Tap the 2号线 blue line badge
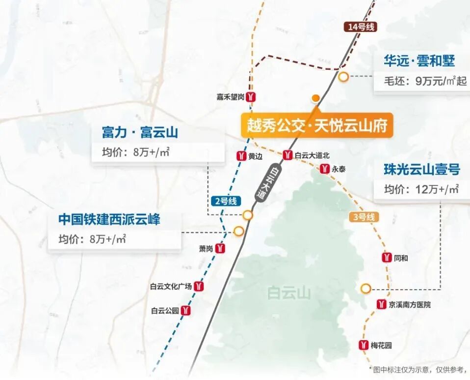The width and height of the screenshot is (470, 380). pos(225,201)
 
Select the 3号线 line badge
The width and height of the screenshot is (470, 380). pos(363,217)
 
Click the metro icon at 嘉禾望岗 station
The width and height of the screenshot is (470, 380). pos(251,97)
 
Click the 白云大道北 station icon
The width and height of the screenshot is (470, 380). pos(287,155)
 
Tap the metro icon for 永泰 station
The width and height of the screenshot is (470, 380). pos(325,169)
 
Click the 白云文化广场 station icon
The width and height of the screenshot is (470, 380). pos(199,286)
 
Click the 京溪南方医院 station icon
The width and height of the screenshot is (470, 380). pos(381,304)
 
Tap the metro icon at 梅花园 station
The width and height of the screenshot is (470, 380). pos(364,345)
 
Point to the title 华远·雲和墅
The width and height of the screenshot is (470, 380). pos(419,61)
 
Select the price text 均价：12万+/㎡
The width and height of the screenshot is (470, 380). pos(421,189)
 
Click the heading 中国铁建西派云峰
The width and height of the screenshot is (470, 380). pos(109,219)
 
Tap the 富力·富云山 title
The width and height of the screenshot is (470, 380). pos(140,133)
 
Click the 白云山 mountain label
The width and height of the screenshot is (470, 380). pos(289,293)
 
